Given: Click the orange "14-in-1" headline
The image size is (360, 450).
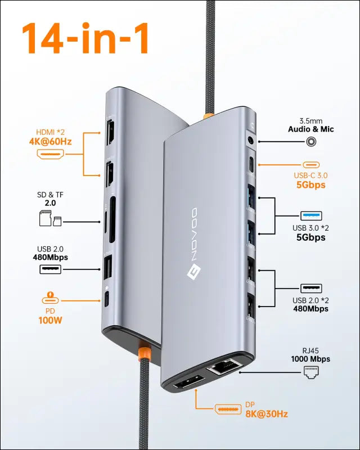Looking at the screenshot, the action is point(85,38).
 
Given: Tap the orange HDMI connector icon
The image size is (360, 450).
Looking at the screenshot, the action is point(50,154).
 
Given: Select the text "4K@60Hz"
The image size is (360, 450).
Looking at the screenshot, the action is point(50,142).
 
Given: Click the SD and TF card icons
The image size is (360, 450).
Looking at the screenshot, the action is point(50,218).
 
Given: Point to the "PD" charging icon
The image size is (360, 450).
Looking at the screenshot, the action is point(50,299).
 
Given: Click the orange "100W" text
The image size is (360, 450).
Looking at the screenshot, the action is point(50,320).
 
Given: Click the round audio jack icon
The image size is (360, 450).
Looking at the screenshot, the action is point(310,142).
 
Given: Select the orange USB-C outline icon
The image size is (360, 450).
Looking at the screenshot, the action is point(311,165).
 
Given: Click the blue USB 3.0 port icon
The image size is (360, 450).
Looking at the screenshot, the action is point(311,216).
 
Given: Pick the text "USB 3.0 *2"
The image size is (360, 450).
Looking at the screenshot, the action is point(310,228).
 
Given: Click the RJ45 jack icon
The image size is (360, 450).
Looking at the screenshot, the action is point(311,372).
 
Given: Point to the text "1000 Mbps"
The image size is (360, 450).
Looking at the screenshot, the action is point(310,359).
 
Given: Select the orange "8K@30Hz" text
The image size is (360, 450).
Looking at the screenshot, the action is point(267,414).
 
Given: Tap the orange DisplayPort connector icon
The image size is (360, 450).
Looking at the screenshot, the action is point(228,409).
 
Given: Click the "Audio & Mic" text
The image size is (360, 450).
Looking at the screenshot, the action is point(311,129).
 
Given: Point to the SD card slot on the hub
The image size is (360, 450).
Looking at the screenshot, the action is point(112,219).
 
